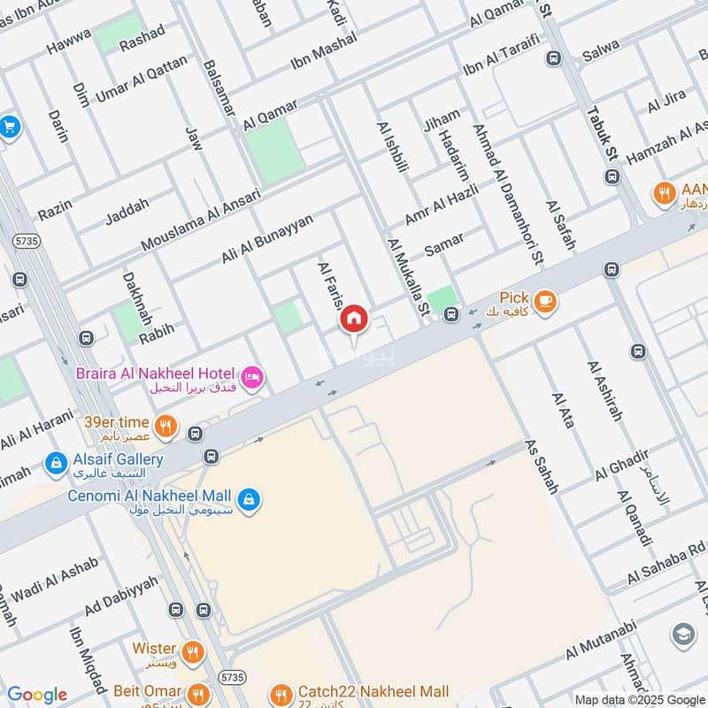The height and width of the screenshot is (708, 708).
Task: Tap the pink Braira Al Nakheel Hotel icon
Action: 252,378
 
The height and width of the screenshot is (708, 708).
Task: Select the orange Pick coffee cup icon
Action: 545,302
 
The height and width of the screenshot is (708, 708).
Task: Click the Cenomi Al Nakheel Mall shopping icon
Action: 249,498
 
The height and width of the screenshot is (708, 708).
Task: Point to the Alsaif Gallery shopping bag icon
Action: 55,462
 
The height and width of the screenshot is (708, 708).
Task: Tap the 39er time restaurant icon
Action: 165,427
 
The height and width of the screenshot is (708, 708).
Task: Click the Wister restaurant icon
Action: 192,653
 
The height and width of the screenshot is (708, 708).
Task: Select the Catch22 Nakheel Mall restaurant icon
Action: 281,693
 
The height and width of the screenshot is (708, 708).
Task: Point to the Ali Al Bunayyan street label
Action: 267,239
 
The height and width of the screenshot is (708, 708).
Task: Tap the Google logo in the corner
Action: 37,695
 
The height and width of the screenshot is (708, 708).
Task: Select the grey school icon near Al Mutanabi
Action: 683,635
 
